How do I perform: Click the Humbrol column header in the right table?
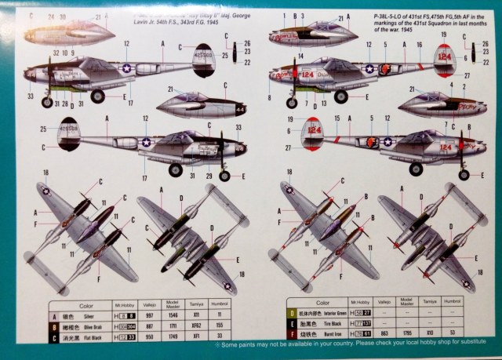click(x=453, y=301)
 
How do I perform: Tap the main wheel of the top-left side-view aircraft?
click(x=98, y=96)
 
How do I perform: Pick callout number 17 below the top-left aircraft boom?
click(x=129, y=103)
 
